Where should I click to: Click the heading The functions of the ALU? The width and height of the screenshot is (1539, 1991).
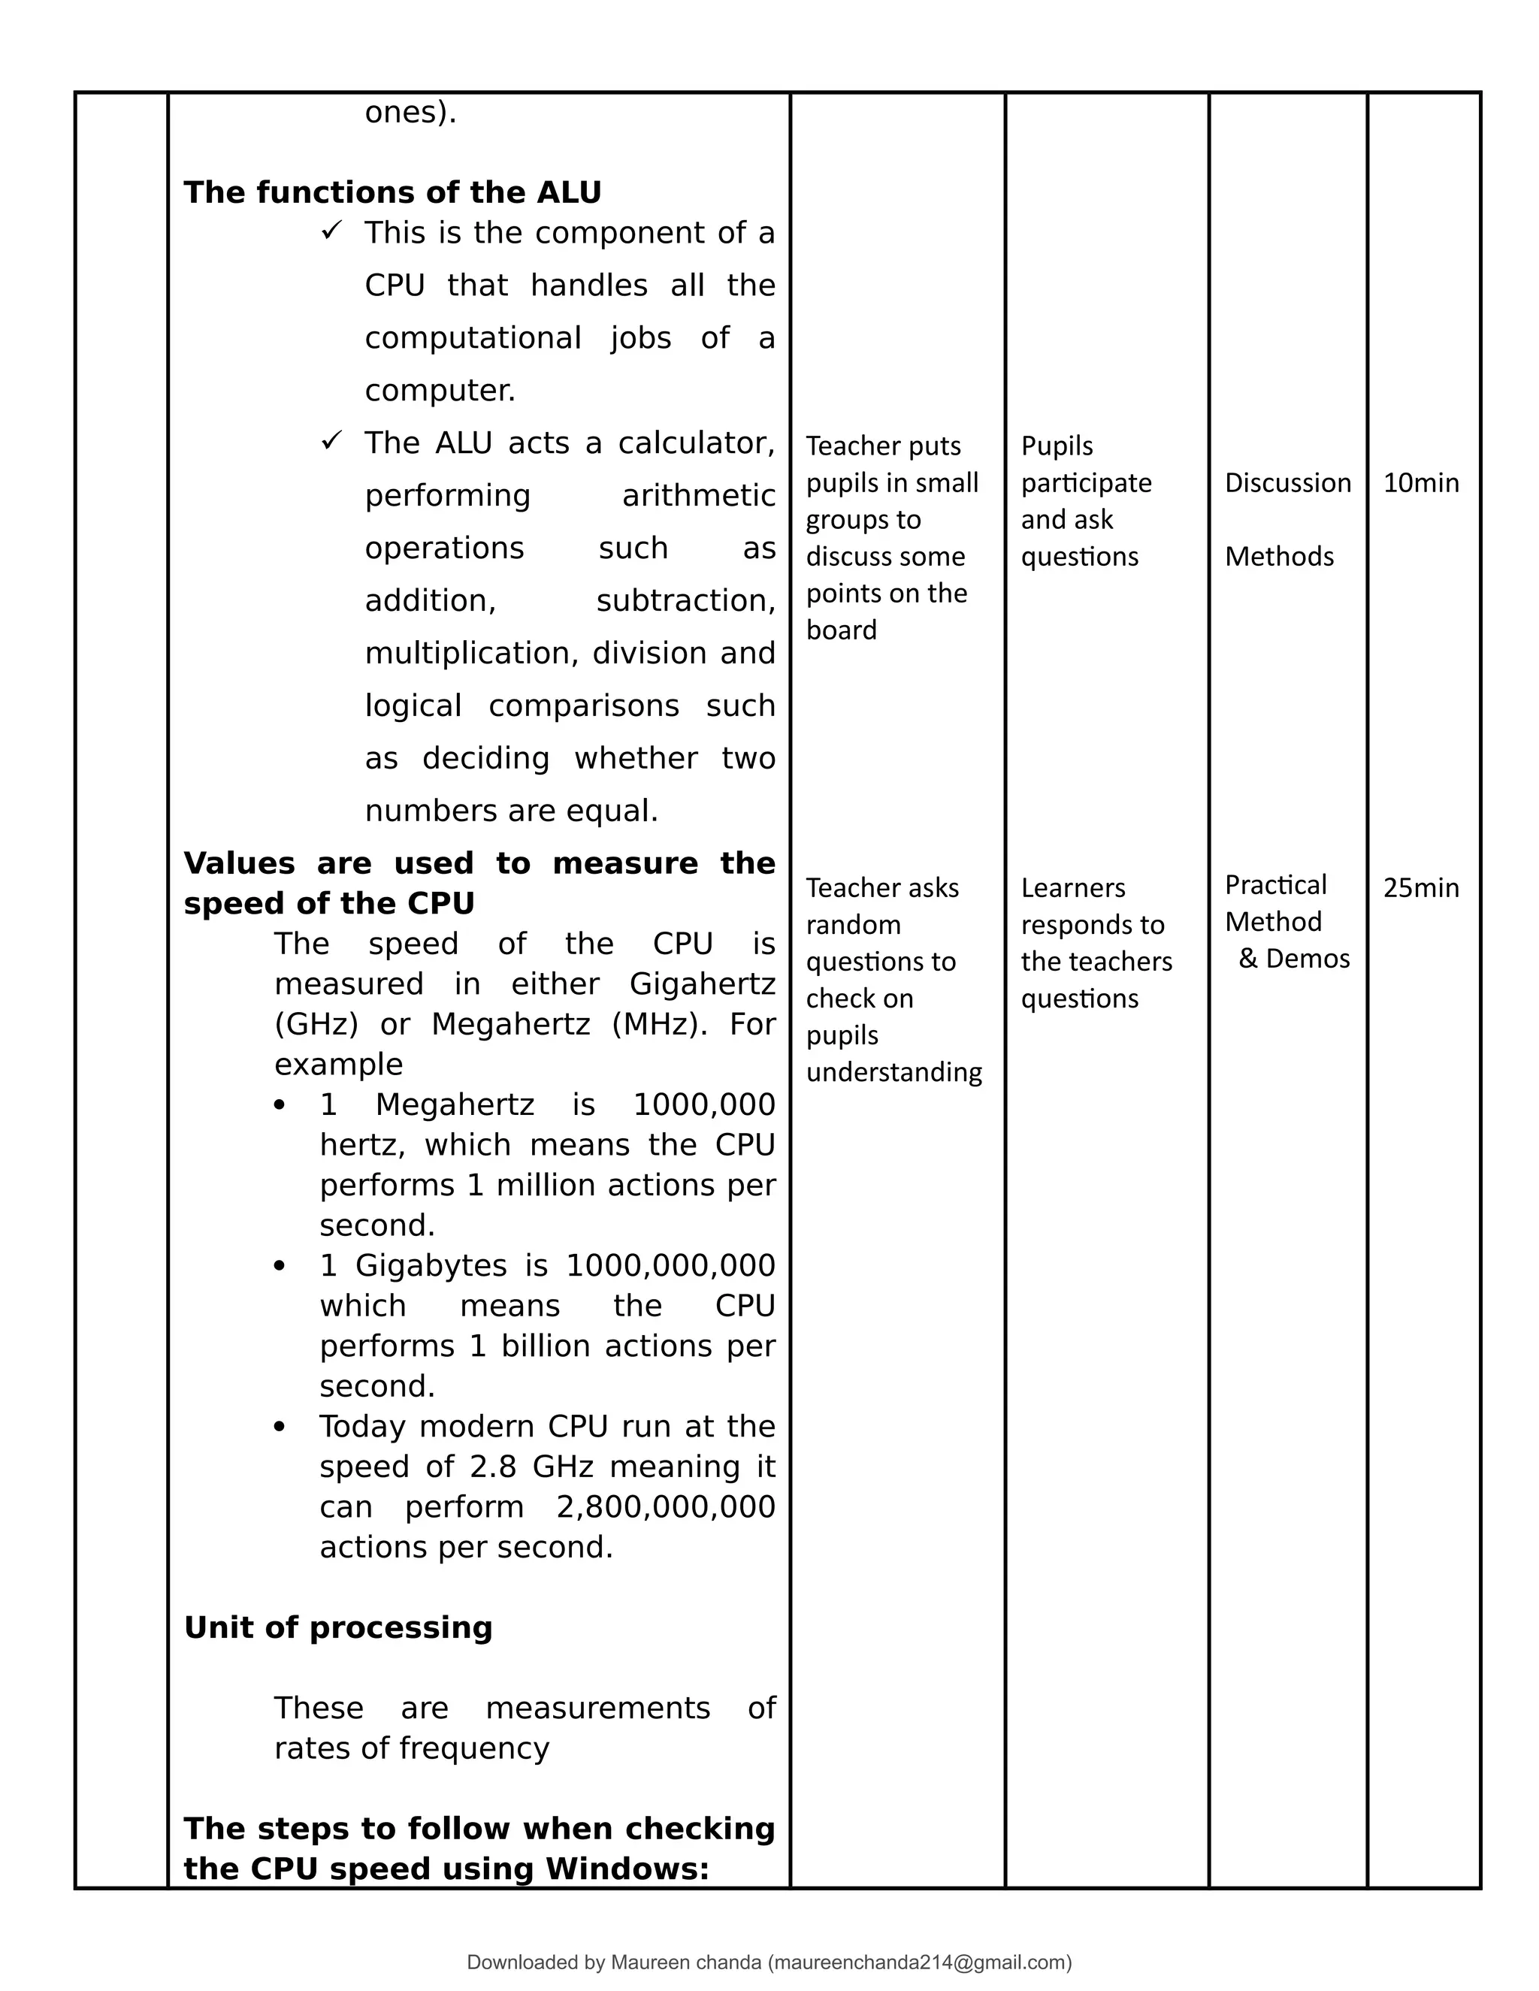click(392, 192)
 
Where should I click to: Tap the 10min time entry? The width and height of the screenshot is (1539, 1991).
click(1420, 483)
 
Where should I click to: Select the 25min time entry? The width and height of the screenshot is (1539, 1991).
click(1420, 888)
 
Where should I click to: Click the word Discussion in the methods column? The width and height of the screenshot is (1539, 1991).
click(1287, 483)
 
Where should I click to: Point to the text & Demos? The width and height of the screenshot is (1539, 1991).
click(1294, 959)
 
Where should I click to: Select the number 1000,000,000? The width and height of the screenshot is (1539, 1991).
click(670, 1265)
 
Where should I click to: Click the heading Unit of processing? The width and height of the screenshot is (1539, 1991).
click(337, 1627)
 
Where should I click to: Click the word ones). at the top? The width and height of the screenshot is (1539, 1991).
click(410, 113)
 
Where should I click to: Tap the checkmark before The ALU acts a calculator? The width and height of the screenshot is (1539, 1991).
click(330, 441)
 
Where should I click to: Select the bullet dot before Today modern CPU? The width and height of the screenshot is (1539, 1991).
click(280, 1427)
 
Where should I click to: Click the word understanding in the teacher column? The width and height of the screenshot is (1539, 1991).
click(893, 1072)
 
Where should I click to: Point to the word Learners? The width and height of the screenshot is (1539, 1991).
click(1072, 888)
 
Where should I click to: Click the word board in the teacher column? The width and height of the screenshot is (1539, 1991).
click(841, 630)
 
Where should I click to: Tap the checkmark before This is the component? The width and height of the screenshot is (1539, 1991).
click(330, 231)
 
